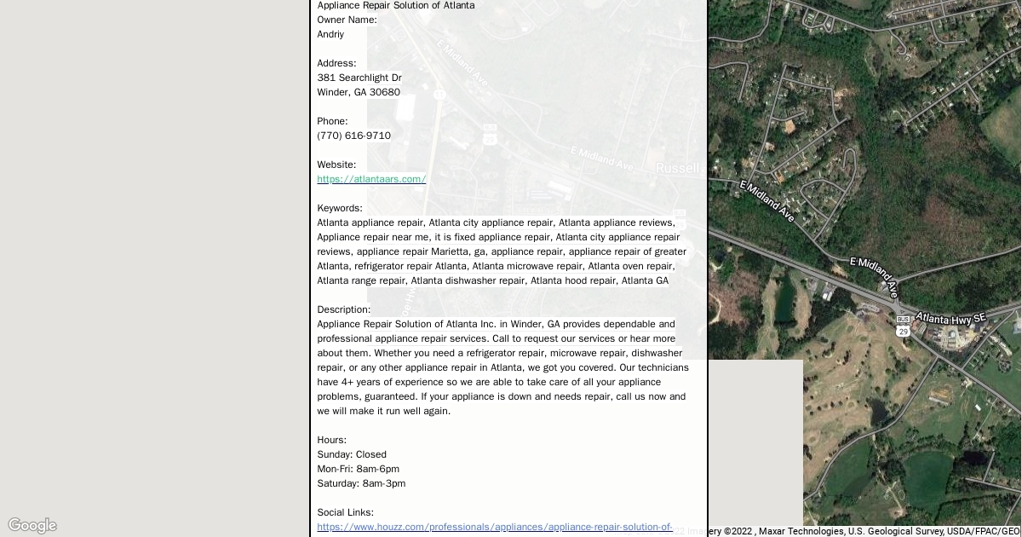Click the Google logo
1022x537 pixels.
[x=32, y=525]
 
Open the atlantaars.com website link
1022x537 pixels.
[x=371, y=179]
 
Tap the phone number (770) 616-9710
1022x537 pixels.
[x=353, y=136]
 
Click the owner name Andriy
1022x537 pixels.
[x=330, y=34]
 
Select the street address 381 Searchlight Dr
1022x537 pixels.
[x=359, y=78]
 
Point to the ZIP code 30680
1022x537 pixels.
[x=384, y=92]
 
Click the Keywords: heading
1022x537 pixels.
[x=340, y=208]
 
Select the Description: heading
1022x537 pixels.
[x=343, y=309]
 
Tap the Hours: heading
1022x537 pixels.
[x=331, y=440]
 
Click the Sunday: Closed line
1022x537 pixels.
[x=352, y=454]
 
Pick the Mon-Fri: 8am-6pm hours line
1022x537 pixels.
[x=358, y=469]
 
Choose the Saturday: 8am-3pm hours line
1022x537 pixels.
[x=361, y=483]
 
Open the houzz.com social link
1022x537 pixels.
[x=495, y=527]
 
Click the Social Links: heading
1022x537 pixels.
[x=345, y=512]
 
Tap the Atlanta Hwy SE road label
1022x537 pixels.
[x=950, y=318]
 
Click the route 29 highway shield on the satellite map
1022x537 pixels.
[x=903, y=331]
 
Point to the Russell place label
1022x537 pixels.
[x=677, y=169]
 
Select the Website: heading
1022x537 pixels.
[x=336, y=165]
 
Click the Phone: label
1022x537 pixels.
[x=332, y=121]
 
